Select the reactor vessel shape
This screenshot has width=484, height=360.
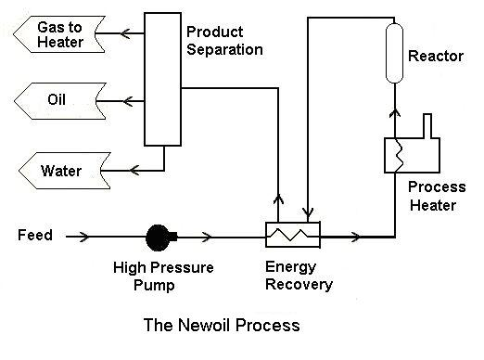tap(395, 53)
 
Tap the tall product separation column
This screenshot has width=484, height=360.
tap(162, 79)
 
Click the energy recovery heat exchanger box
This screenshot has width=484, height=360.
tap(293, 235)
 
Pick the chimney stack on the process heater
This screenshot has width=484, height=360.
tap(427, 126)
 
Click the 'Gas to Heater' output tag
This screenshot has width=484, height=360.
tap(59, 34)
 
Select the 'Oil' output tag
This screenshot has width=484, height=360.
tap(60, 101)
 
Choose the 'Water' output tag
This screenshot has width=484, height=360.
tap(65, 171)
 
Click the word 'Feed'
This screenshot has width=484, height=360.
tap(35, 235)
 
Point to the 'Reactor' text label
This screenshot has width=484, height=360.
tap(436, 57)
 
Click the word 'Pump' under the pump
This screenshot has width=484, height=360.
tap(154, 286)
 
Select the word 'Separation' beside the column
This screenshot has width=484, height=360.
tap(224, 49)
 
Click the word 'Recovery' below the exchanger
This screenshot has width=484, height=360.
tap(299, 285)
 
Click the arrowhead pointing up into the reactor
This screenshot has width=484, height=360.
tap(395, 112)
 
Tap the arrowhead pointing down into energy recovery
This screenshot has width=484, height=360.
tap(308, 212)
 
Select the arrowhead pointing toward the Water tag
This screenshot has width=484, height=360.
tap(134, 171)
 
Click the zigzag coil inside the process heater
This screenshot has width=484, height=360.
tap(399, 155)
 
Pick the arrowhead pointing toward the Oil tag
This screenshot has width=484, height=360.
tap(128, 101)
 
